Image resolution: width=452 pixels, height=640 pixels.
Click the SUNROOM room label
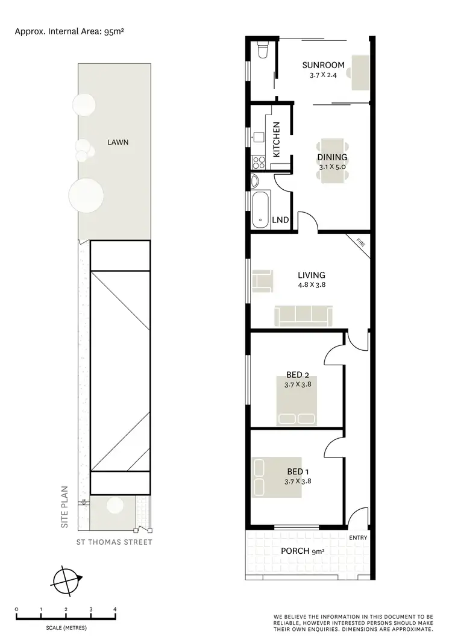(x=324, y=65)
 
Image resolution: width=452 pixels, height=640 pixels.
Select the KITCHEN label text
(x=277, y=140)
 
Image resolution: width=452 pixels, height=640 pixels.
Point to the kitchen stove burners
(x=259, y=162)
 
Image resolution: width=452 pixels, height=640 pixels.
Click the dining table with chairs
(x=332, y=159)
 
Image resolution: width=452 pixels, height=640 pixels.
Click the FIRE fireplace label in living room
(x=360, y=243)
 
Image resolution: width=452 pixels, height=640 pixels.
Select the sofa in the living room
(x=303, y=316)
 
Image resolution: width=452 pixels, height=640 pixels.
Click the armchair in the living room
(x=262, y=281)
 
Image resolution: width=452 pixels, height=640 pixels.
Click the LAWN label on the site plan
(x=118, y=143)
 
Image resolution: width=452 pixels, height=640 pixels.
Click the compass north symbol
(x=64, y=581)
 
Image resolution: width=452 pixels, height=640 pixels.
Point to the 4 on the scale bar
(x=115, y=610)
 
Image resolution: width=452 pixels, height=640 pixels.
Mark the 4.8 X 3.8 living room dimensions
(x=310, y=286)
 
